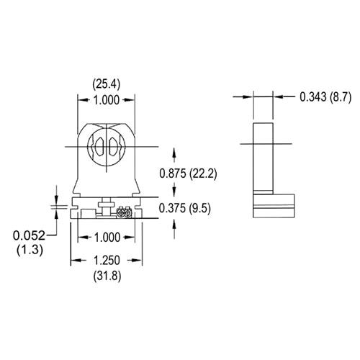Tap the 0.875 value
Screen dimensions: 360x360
pyautogui.click(x=175, y=173)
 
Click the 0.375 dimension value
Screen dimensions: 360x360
pyautogui.click(x=175, y=208)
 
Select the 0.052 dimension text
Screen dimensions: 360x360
pyautogui.click(x=28, y=235)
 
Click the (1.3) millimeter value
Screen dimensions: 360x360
pyautogui.click(x=28, y=249)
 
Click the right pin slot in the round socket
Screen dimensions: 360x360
pyautogui.click(x=114, y=147)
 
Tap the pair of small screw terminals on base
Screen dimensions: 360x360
pyautogui.click(x=122, y=213)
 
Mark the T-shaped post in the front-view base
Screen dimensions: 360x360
pyautogui.click(x=105, y=206)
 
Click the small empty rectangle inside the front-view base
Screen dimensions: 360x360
pyautogui.click(x=87, y=214)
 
